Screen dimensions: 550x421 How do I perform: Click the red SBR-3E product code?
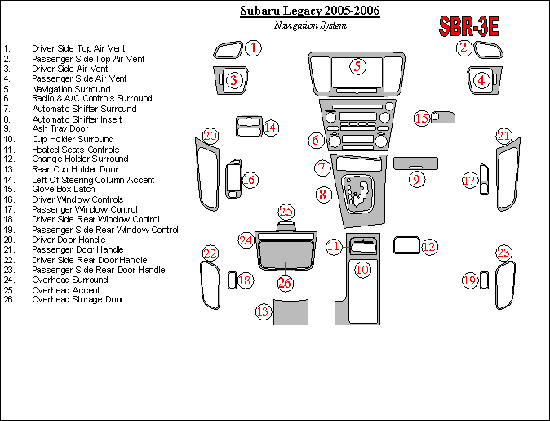[x=468, y=26]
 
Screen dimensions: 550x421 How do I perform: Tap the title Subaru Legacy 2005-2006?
[x=310, y=11]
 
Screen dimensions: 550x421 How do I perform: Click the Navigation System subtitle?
[x=310, y=25]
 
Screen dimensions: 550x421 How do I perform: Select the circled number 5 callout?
[x=357, y=66]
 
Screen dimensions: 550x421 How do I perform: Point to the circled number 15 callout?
[x=422, y=119]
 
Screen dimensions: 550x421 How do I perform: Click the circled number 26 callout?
[x=285, y=283]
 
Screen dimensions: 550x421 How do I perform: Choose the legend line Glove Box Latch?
[x=64, y=189]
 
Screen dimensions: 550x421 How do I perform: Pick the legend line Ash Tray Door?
[x=60, y=128]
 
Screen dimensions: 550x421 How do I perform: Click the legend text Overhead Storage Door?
[x=78, y=299]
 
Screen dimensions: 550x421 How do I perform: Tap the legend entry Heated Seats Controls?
[x=75, y=150]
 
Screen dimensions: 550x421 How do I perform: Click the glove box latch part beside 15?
[x=442, y=118]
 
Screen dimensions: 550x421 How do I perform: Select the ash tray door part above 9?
[x=415, y=163]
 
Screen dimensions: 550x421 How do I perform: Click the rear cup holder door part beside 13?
[x=291, y=312]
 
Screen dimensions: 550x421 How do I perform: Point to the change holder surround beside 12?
[x=407, y=245]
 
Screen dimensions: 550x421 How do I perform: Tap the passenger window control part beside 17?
[x=484, y=179]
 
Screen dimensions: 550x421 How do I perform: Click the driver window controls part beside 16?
[x=233, y=178]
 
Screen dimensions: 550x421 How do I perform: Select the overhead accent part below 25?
[x=286, y=226]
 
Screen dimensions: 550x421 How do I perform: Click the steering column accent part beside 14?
[x=249, y=127]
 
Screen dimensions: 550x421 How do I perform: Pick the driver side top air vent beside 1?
[x=228, y=50]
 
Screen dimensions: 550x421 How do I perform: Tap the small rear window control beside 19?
[x=484, y=280]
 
